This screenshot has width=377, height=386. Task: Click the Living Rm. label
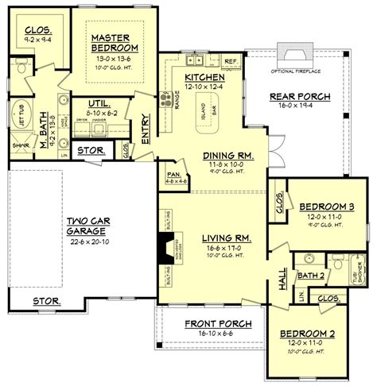pyautogui.click(x=213, y=236)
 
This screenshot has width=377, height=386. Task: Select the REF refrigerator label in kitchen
pyautogui.click(x=231, y=60)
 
